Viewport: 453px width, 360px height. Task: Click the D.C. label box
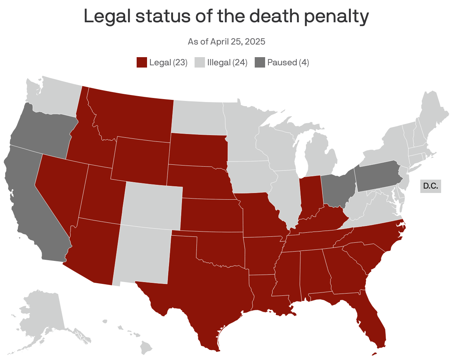[431, 186]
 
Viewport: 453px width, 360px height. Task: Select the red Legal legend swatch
[142, 62]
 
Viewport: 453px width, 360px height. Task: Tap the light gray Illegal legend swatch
[200, 62]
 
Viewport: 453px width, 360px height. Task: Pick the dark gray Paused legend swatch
[260, 62]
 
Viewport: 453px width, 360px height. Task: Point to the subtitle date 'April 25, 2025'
[238, 42]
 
